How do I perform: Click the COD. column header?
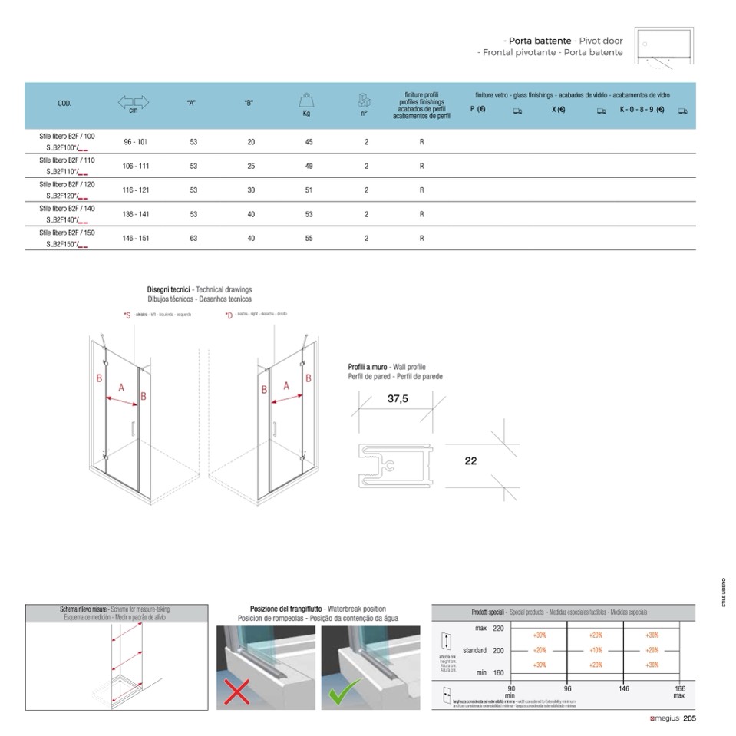click(64, 103)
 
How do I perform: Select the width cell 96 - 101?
click(136, 142)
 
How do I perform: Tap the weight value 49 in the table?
click(309, 166)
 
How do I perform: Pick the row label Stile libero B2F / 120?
click(67, 184)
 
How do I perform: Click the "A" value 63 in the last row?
click(193, 239)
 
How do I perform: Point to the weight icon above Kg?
click(307, 101)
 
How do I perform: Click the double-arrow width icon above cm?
click(134, 101)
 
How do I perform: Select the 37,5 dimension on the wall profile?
click(398, 398)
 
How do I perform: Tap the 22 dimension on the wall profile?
click(470, 461)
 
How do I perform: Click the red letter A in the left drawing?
click(120, 388)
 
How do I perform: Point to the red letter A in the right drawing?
click(286, 387)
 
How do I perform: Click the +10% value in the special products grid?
click(596, 650)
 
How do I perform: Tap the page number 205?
click(688, 719)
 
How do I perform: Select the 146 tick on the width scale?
click(624, 689)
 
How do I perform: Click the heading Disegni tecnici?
click(168, 289)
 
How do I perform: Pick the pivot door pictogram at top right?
click(667, 45)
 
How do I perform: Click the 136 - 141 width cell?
click(136, 214)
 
